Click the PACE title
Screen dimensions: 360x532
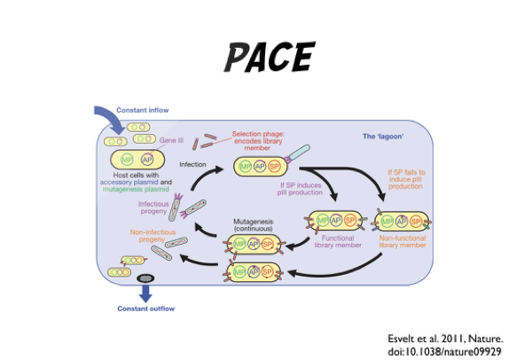pyautogui.click(x=267, y=58)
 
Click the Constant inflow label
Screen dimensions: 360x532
pyautogui.click(x=143, y=110)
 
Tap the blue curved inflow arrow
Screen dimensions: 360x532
pyautogui.click(x=106, y=117)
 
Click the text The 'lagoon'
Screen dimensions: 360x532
pyautogui.click(x=383, y=137)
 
